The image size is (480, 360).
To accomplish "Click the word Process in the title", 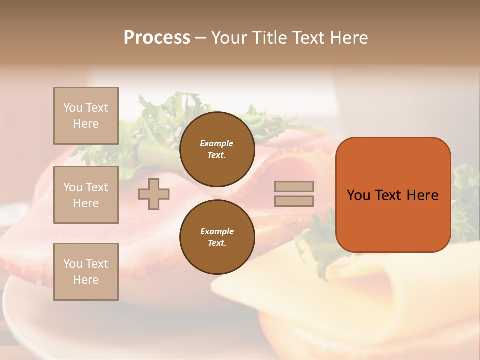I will click(x=157, y=37).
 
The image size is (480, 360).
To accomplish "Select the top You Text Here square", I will click(x=86, y=116).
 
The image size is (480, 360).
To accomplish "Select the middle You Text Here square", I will click(x=86, y=195).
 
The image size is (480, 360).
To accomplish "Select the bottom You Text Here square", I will click(x=86, y=272).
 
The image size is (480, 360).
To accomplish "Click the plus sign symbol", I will click(x=154, y=194).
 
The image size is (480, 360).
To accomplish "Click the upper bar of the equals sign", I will click(x=294, y=186).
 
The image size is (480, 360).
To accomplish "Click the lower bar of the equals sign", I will click(x=294, y=201).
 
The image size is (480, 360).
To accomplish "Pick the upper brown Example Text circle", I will click(x=217, y=149).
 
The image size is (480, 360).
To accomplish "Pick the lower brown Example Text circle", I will click(x=217, y=237).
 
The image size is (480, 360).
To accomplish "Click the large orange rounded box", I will click(x=393, y=195).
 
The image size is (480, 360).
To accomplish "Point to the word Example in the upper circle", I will click(x=217, y=143).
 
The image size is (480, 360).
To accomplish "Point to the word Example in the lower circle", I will click(x=217, y=231).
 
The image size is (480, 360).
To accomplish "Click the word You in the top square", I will click(x=73, y=108).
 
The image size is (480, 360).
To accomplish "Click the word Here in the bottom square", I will click(x=86, y=280).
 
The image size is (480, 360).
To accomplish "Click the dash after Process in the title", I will click(x=200, y=38).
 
